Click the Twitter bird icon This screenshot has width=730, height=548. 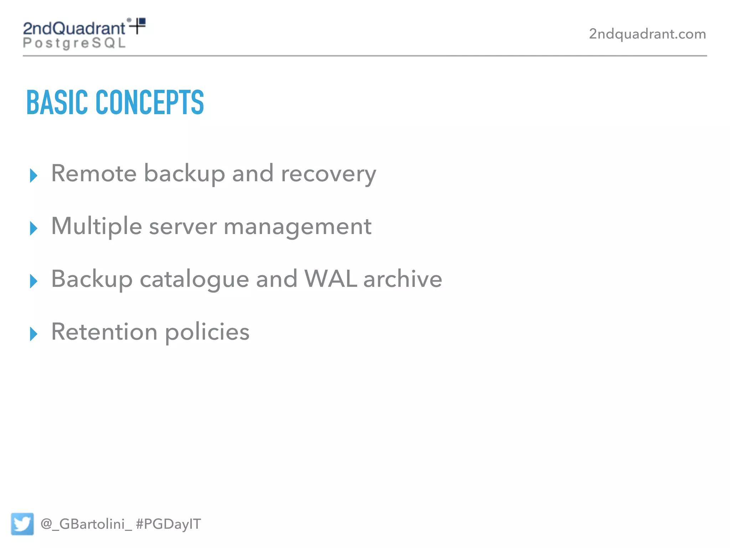click(x=22, y=524)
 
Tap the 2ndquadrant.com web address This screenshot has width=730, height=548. click(x=647, y=34)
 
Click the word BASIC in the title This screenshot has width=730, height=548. click(x=57, y=103)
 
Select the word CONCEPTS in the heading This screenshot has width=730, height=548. click(x=150, y=103)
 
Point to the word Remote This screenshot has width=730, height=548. click(x=94, y=174)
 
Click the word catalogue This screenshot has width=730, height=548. click(x=194, y=279)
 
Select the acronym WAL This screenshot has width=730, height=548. click(x=330, y=279)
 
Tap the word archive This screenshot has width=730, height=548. click(x=403, y=279)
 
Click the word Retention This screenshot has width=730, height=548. click(x=104, y=332)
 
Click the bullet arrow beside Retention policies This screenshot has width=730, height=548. click(x=34, y=334)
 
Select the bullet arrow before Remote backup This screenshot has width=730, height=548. click(x=34, y=176)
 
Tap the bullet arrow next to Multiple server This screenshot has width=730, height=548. click(x=34, y=228)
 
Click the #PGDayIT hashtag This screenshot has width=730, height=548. click(x=168, y=524)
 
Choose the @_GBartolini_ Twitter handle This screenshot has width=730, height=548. click(x=86, y=524)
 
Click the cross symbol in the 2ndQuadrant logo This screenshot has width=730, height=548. click(x=137, y=26)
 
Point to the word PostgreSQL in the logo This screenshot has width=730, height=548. click(x=74, y=43)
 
